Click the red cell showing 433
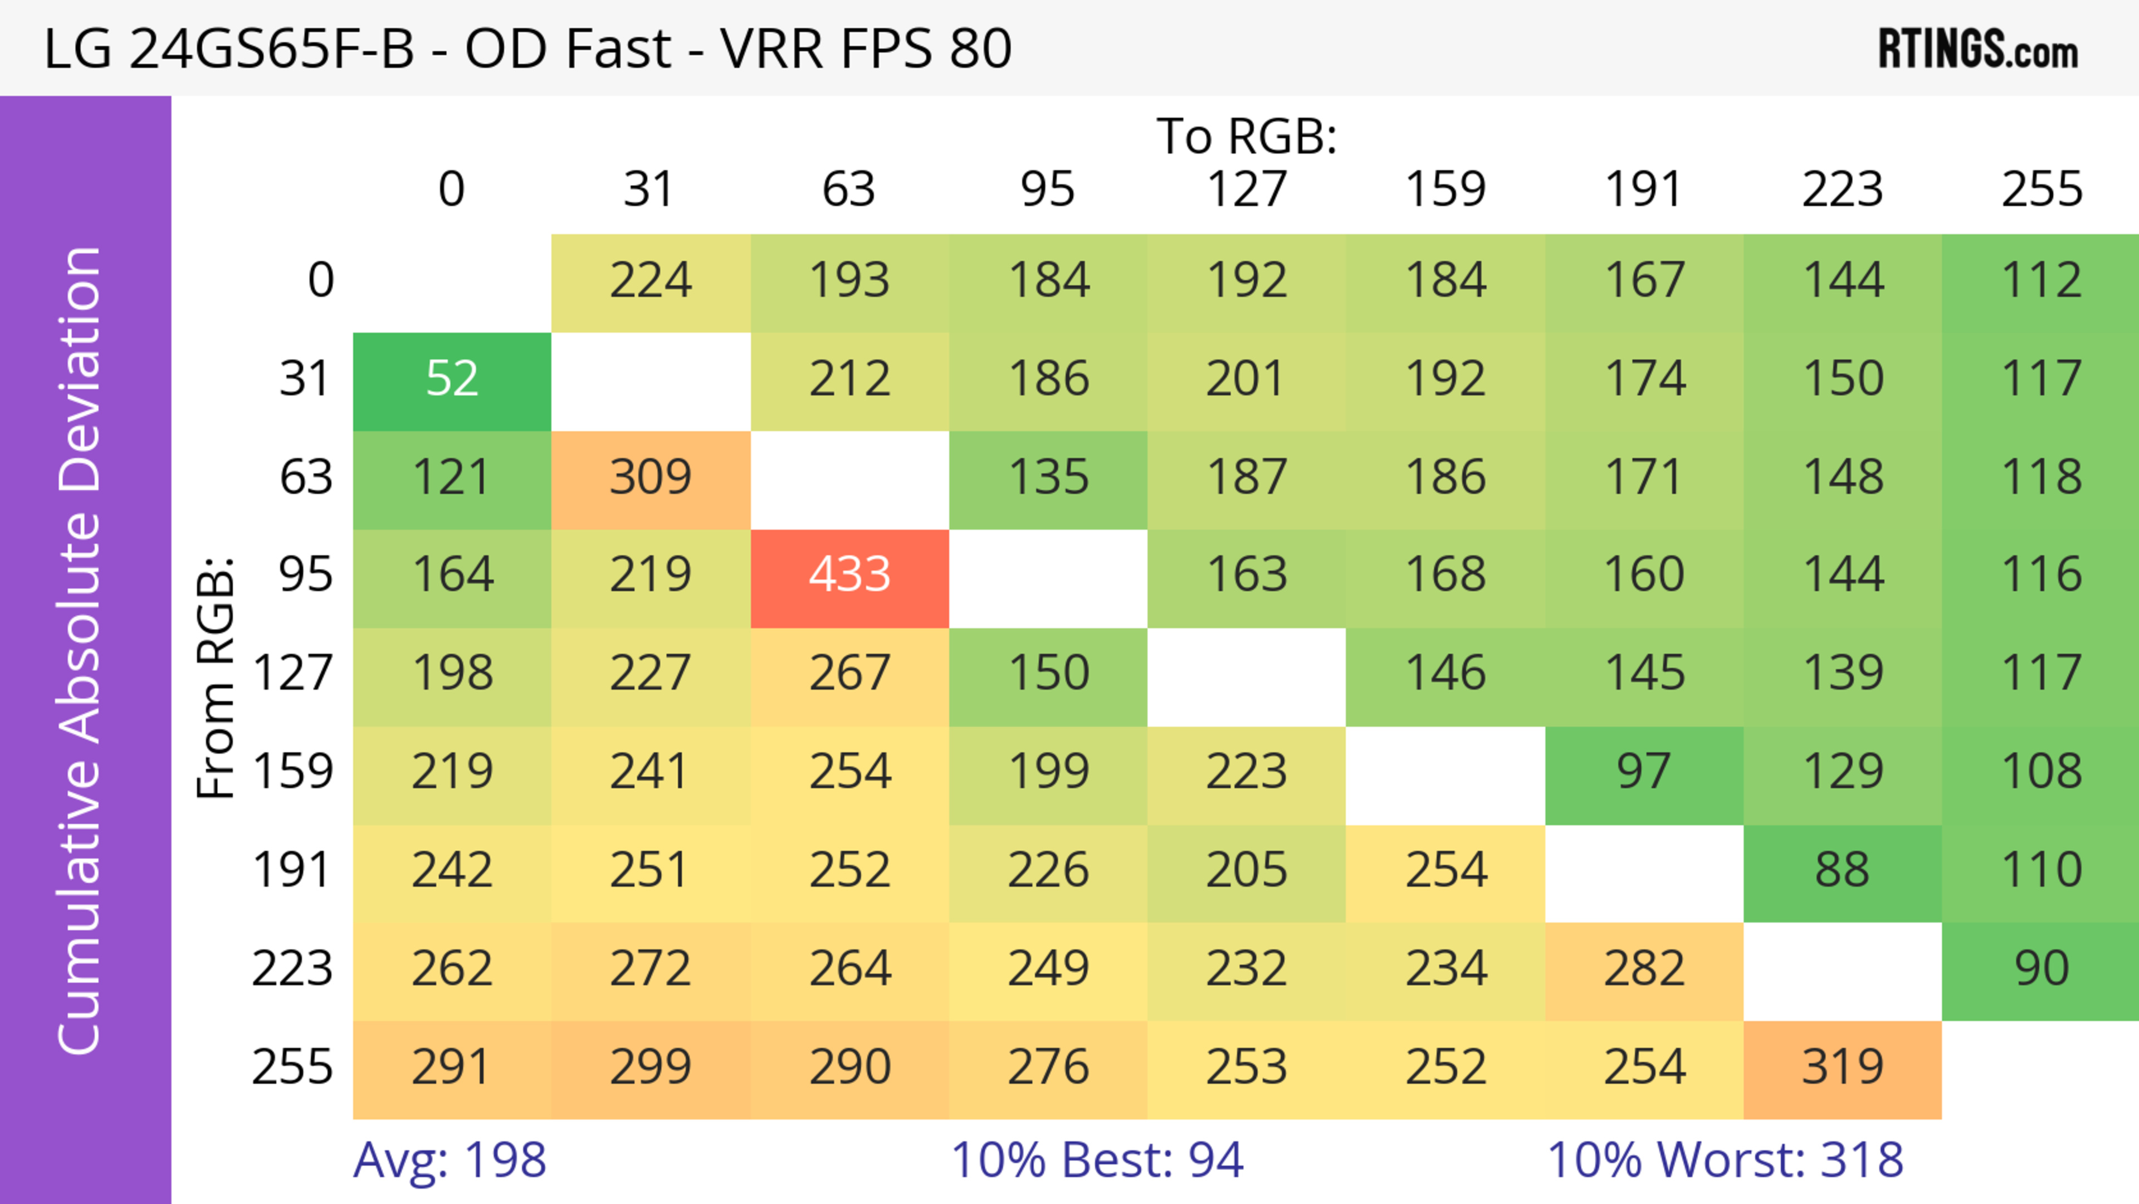(849, 574)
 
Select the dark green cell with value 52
(452, 379)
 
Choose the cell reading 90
(2040, 968)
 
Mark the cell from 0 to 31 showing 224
(650, 281)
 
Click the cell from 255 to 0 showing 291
(452, 1067)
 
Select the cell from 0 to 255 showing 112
(2040, 281)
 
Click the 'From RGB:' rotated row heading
(216, 677)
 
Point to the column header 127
(1247, 189)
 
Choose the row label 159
(292, 772)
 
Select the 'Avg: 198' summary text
(449, 1160)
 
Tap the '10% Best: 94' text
(1096, 1160)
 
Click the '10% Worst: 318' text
(1725, 1160)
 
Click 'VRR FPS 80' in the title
(866, 48)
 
